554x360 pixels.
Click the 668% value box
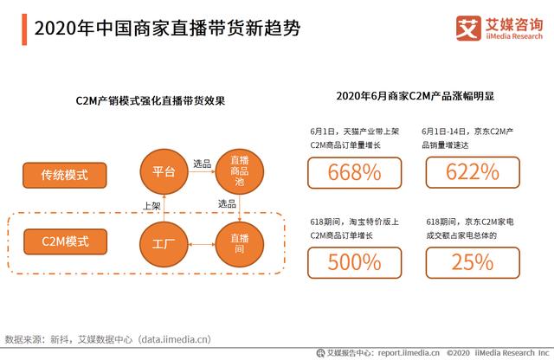(x=355, y=173)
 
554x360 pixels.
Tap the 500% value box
(x=355, y=261)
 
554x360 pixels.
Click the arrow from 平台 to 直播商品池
(x=202, y=173)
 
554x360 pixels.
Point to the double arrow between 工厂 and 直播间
(x=202, y=247)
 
